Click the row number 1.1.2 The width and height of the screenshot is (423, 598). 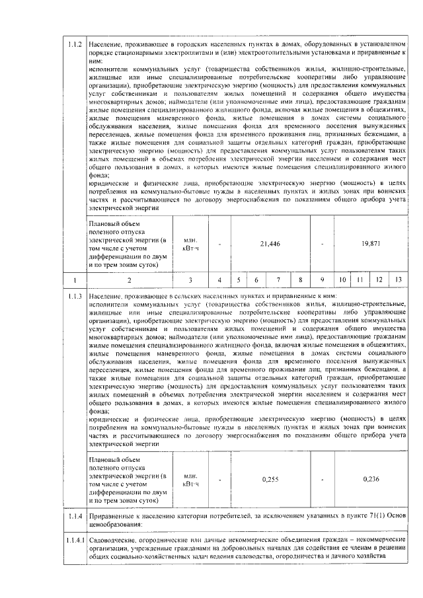click(75, 44)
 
